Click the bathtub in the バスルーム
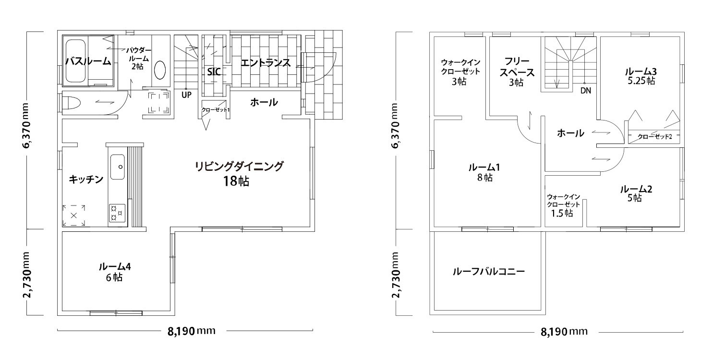click(76, 61)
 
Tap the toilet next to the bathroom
click(71, 103)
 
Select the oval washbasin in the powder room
click(160, 70)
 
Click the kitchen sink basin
click(118, 167)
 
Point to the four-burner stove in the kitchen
click(117, 213)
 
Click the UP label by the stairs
click(186, 95)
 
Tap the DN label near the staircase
click(586, 91)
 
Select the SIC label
click(214, 72)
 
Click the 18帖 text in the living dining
click(236, 181)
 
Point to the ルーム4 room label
click(115, 266)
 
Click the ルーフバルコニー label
click(488, 271)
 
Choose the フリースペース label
click(517, 67)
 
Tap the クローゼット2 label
click(654, 136)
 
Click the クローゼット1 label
click(216, 109)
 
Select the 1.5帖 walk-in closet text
click(562, 213)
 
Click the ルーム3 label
click(641, 71)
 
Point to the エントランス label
click(266, 62)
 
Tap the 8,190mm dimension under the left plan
click(191, 331)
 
